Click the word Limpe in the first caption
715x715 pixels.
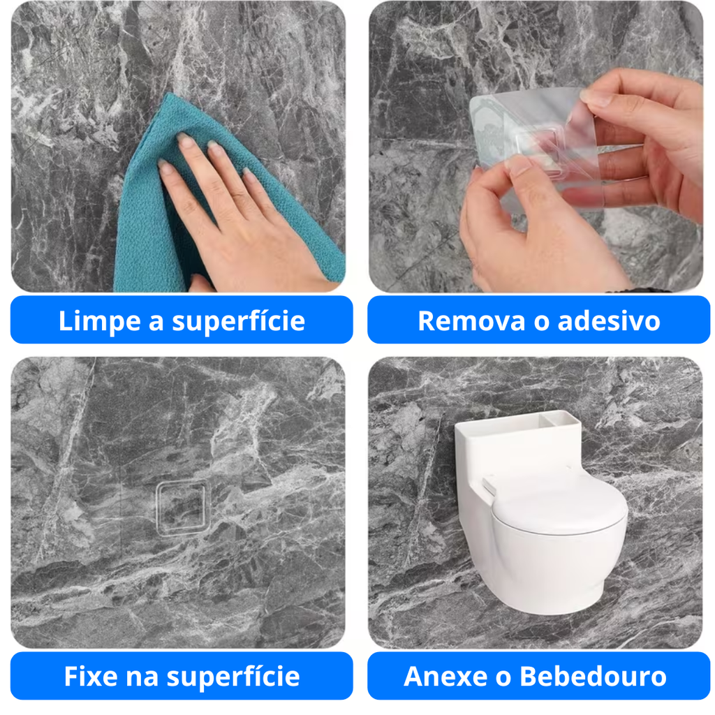click(x=100, y=321)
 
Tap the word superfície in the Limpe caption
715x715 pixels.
click(x=239, y=321)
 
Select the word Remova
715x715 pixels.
click(x=471, y=320)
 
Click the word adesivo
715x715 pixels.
click(x=609, y=320)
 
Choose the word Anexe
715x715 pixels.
click(x=445, y=676)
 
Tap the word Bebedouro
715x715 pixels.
click(x=594, y=676)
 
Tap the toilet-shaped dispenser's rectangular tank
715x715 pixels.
click(x=517, y=452)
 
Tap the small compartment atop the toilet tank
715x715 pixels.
click(x=564, y=419)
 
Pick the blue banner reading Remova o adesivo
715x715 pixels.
click(x=538, y=320)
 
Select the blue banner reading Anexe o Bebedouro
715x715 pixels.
click(x=538, y=676)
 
